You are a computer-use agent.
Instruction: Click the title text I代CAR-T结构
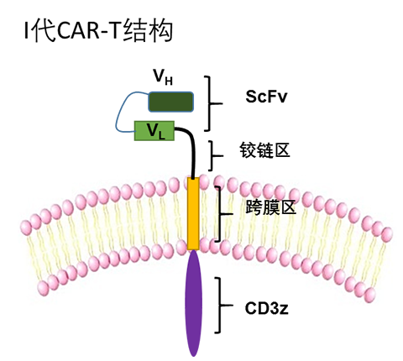click(x=98, y=31)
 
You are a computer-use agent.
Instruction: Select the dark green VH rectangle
click(x=170, y=102)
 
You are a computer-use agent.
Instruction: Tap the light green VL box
click(x=154, y=131)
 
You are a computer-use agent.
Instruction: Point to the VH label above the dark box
click(x=163, y=76)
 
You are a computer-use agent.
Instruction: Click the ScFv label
click(x=266, y=97)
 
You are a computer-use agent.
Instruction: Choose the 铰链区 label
click(x=264, y=150)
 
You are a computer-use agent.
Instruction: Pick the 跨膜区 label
click(x=270, y=207)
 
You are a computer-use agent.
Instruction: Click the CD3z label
click(x=266, y=308)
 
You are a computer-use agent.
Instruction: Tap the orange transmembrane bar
click(x=193, y=213)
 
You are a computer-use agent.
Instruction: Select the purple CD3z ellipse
click(x=193, y=303)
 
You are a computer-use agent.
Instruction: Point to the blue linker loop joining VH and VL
click(x=117, y=118)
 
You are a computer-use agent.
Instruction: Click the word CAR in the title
click(x=78, y=31)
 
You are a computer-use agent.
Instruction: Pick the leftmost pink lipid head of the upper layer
click(x=26, y=228)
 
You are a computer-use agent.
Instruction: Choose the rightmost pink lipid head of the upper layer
click(x=387, y=234)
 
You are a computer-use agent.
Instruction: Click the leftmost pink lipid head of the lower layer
click(x=43, y=287)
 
